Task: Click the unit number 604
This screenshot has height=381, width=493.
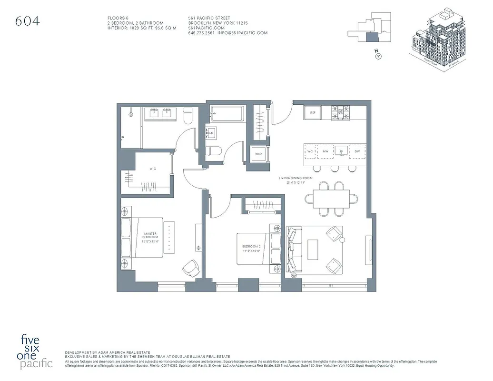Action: [28, 21]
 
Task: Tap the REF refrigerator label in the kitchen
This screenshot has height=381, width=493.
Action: [313, 113]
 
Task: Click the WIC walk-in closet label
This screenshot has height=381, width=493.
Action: [153, 169]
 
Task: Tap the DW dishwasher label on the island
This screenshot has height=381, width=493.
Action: [357, 151]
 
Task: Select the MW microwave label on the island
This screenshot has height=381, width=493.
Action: [325, 151]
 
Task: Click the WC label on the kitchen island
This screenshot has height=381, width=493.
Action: [310, 151]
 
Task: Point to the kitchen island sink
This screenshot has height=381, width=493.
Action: [341, 151]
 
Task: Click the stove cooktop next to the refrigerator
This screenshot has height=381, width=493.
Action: [340, 113]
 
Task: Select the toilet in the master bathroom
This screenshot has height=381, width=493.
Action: [187, 116]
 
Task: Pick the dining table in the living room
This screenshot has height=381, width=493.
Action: [331, 199]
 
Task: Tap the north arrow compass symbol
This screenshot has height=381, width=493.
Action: [379, 56]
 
